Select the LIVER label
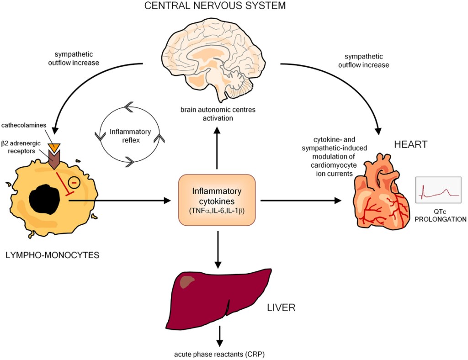click(x=281, y=307)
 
